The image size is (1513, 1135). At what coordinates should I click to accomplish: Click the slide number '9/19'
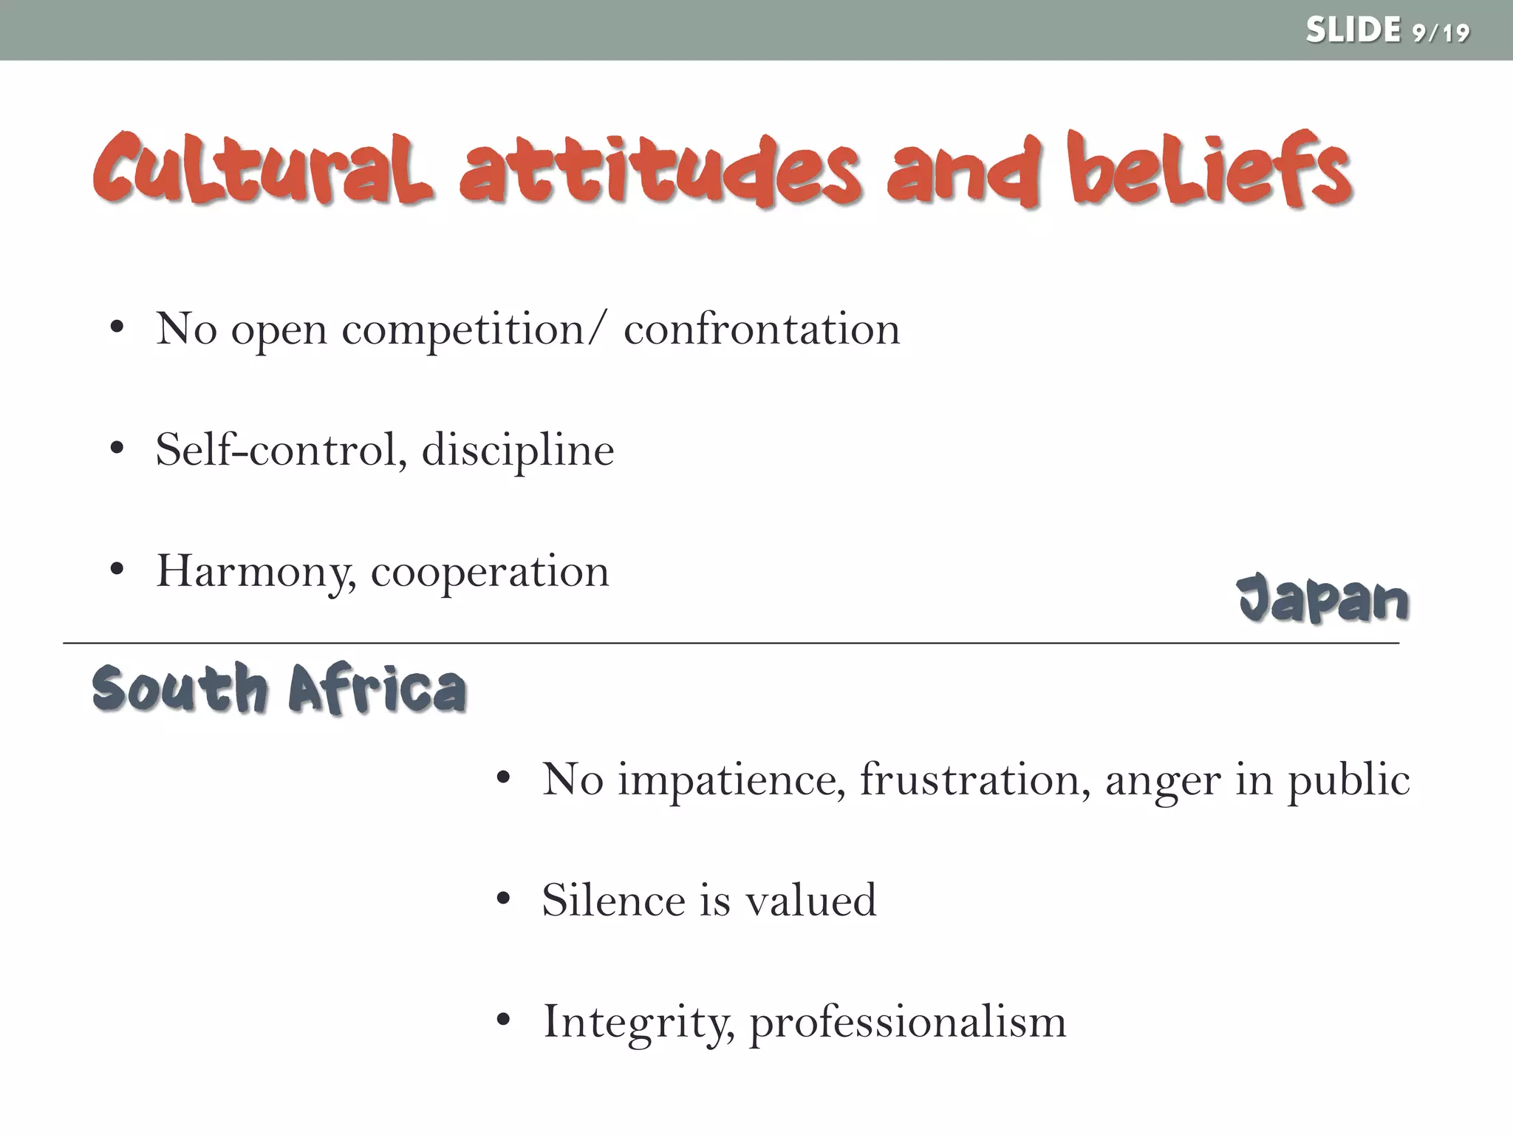pyautogui.click(x=1440, y=33)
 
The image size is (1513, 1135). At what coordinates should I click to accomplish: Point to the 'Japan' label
pyautogui.click(x=1322, y=599)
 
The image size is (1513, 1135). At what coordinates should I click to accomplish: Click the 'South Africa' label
pyautogui.click(x=279, y=689)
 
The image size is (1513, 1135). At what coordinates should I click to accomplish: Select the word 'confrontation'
pyautogui.click(x=762, y=330)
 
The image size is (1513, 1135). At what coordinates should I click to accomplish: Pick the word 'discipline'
pyautogui.click(x=518, y=451)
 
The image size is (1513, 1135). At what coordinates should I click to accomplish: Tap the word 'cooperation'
pyautogui.click(x=490, y=572)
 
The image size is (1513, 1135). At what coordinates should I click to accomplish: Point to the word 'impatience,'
pyautogui.click(x=731, y=780)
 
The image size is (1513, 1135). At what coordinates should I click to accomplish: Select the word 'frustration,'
pyautogui.click(x=975, y=780)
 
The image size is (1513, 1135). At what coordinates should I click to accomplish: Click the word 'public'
pyautogui.click(x=1349, y=781)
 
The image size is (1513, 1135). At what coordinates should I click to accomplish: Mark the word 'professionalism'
pyautogui.click(x=908, y=1023)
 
